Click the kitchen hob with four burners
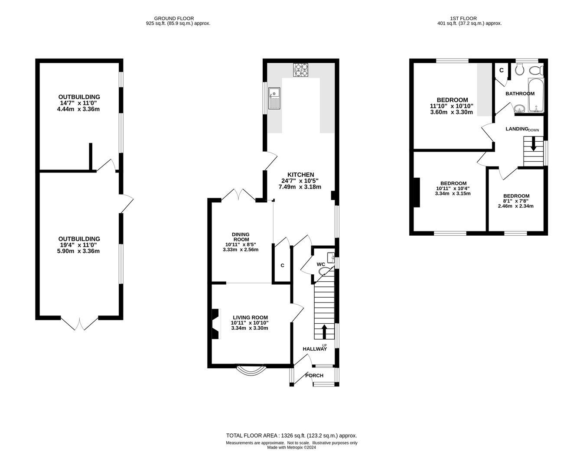pos(301,70)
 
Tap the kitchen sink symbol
pos(274,98)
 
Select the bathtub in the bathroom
pos(536,95)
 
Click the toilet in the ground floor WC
pos(324,271)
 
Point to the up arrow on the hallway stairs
pos(324,332)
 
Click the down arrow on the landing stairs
pos(533,144)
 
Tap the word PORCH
pos(314,376)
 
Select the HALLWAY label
pos(315,349)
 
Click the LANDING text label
pos(517,129)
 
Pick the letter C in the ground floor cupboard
pos(282,265)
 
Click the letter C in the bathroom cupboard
pos(502,70)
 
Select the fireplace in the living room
pos(216,324)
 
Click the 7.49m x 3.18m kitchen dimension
pos(300,187)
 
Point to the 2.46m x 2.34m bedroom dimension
pos(516,206)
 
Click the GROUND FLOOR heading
pos(174,18)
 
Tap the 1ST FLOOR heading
pos(463,18)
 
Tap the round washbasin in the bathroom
pos(519,109)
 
